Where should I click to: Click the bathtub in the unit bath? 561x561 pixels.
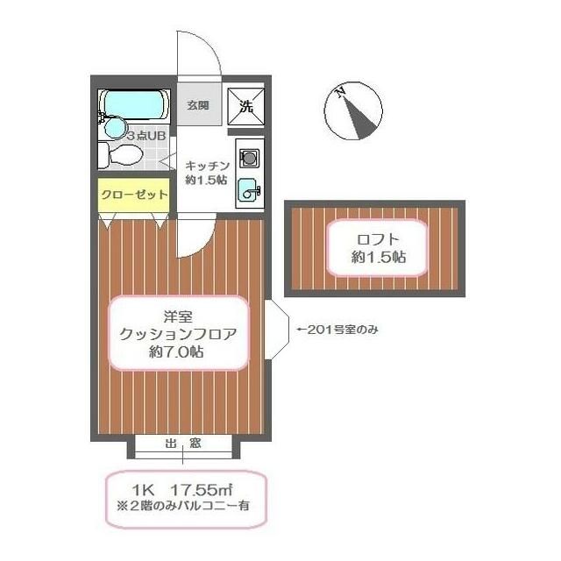coord(134,106)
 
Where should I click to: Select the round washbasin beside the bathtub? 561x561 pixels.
coord(115,128)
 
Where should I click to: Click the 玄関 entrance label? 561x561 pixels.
coord(198,105)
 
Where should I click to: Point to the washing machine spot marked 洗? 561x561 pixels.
coord(245,105)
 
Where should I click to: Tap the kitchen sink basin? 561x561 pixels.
coord(249,188)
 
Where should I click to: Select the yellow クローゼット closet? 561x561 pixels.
coord(133,195)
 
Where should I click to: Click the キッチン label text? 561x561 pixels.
coord(207,166)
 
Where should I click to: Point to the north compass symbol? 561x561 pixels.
coord(353,111)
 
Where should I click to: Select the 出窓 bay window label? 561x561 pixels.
coord(183,443)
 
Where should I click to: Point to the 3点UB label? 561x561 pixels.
coord(146,136)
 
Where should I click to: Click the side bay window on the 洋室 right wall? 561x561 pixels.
coord(275,330)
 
